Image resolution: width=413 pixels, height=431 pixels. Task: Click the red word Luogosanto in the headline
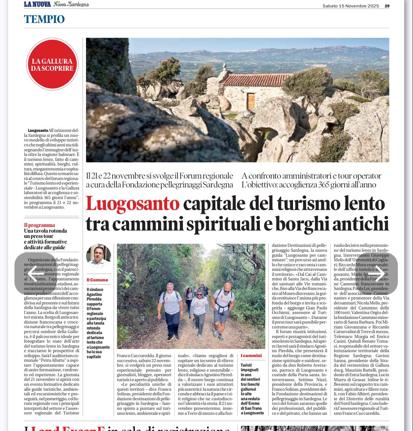coord(132,204)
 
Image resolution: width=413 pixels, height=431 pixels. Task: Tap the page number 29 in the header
coord(387,6)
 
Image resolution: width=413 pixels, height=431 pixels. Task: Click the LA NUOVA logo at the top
coord(37,4)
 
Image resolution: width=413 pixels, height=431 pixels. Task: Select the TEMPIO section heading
coord(44,19)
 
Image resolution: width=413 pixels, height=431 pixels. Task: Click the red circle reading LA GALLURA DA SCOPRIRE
coord(52,64)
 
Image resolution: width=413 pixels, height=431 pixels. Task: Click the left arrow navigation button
coord(36,274)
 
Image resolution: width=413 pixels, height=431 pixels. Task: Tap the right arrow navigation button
coord(376,274)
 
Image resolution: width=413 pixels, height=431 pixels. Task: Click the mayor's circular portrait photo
coord(98,256)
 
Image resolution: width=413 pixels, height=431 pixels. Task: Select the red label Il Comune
coord(97,280)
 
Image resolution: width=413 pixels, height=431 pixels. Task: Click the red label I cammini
coord(251,356)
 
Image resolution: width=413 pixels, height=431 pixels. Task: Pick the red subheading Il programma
coord(40,225)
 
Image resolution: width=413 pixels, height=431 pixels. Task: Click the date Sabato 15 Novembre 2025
coord(351,6)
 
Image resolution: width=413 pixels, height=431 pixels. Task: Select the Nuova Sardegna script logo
coord(71,4)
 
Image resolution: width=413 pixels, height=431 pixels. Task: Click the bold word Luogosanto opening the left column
coord(38,130)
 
